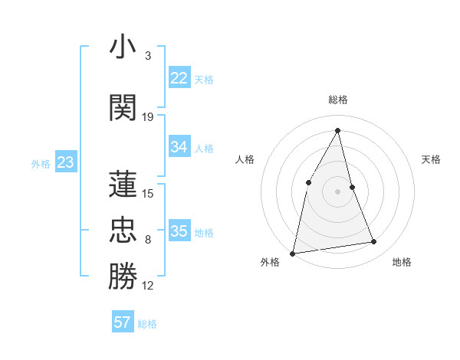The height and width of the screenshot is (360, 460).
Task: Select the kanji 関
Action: point(123,108)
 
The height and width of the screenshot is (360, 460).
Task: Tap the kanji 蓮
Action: point(123,184)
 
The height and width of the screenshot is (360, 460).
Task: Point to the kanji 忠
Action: point(123,231)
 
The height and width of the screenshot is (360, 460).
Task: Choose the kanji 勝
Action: point(123,277)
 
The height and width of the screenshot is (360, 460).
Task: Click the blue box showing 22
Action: point(179,78)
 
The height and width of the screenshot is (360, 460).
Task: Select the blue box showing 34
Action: point(179,147)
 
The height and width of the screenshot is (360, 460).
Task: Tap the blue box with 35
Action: point(179,231)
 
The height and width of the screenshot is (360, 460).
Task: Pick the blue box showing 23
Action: point(65,162)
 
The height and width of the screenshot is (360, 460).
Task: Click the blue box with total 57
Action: point(123,322)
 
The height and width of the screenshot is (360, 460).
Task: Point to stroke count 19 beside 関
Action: point(148,117)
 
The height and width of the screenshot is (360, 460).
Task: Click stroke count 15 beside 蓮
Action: point(148,193)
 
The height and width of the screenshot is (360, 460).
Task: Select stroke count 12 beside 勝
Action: point(148,286)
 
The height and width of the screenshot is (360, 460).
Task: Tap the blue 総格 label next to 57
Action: point(147,324)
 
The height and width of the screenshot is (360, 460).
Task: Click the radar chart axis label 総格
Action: point(338,100)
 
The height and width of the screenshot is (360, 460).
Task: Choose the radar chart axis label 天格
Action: point(432,159)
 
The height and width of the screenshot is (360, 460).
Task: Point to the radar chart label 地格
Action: point(402,262)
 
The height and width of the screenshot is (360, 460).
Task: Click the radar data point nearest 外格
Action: point(292,253)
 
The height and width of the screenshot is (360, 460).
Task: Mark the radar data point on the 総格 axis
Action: point(338,130)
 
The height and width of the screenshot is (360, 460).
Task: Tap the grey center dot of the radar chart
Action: point(338,191)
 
